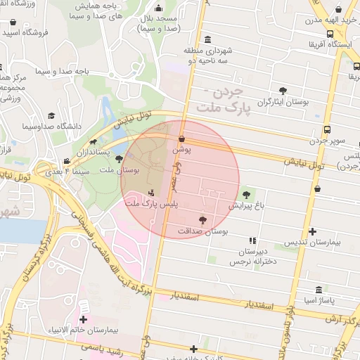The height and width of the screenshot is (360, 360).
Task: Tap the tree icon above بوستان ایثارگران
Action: coord(283,91)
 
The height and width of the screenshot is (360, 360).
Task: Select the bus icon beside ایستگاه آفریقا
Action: coord(330,34)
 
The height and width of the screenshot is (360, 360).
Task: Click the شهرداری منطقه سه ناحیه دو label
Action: coord(207,56)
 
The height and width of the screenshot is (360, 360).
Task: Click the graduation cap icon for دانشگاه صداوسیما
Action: coord(51,115)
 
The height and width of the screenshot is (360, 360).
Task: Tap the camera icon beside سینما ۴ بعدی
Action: coord(66,161)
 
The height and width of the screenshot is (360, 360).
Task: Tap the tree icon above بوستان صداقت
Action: coord(202,219)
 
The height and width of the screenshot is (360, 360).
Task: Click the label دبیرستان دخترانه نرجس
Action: coord(254,256)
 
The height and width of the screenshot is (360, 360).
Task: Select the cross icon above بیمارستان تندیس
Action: coord(312,231)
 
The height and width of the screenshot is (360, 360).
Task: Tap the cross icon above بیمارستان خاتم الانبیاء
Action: coord(83,321)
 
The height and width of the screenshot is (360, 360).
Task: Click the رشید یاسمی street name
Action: coord(101,348)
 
